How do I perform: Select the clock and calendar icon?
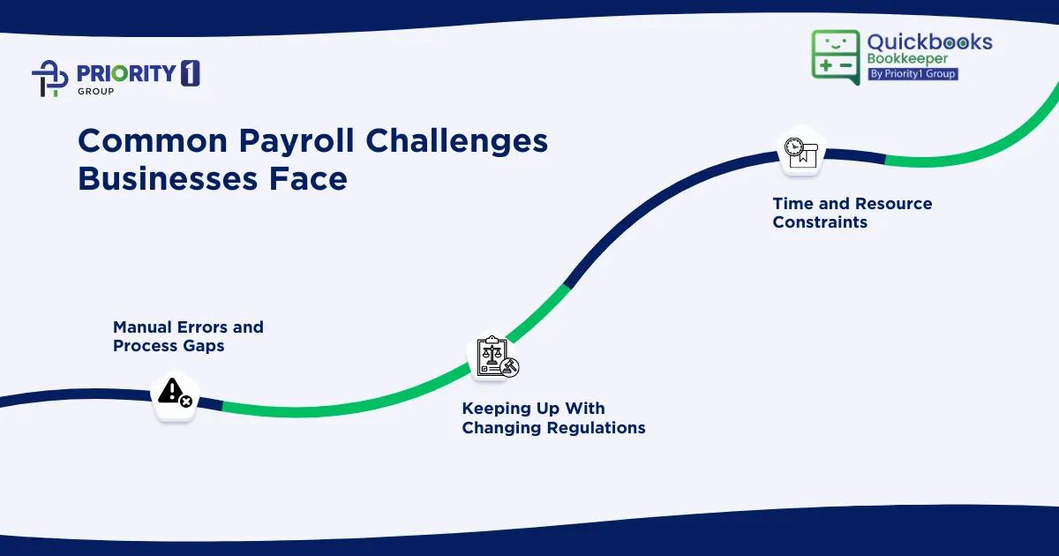pyautogui.click(x=800, y=151)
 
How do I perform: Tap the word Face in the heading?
pyautogui.click(x=308, y=179)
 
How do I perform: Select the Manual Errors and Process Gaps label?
pyautogui.click(x=188, y=336)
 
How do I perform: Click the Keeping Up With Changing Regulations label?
pyautogui.click(x=553, y=418)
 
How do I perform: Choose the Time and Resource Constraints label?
pyautogui.click(x=852, y=213)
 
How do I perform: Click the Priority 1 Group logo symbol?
pyautogui.click(x=50, y=78)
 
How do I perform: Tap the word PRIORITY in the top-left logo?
pyautogui.click(x=124, y=74)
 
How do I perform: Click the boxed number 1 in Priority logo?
pyautogui.click(x=190, y=74)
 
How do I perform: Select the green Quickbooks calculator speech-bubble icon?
pyautogui.click(x=835, y=57)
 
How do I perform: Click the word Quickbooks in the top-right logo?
pyautogui.click(x=929, y=42)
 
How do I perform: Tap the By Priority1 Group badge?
pyautogui.click(x=913, y=74)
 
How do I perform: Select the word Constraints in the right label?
pyautogui.click(x=820, y=222)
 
